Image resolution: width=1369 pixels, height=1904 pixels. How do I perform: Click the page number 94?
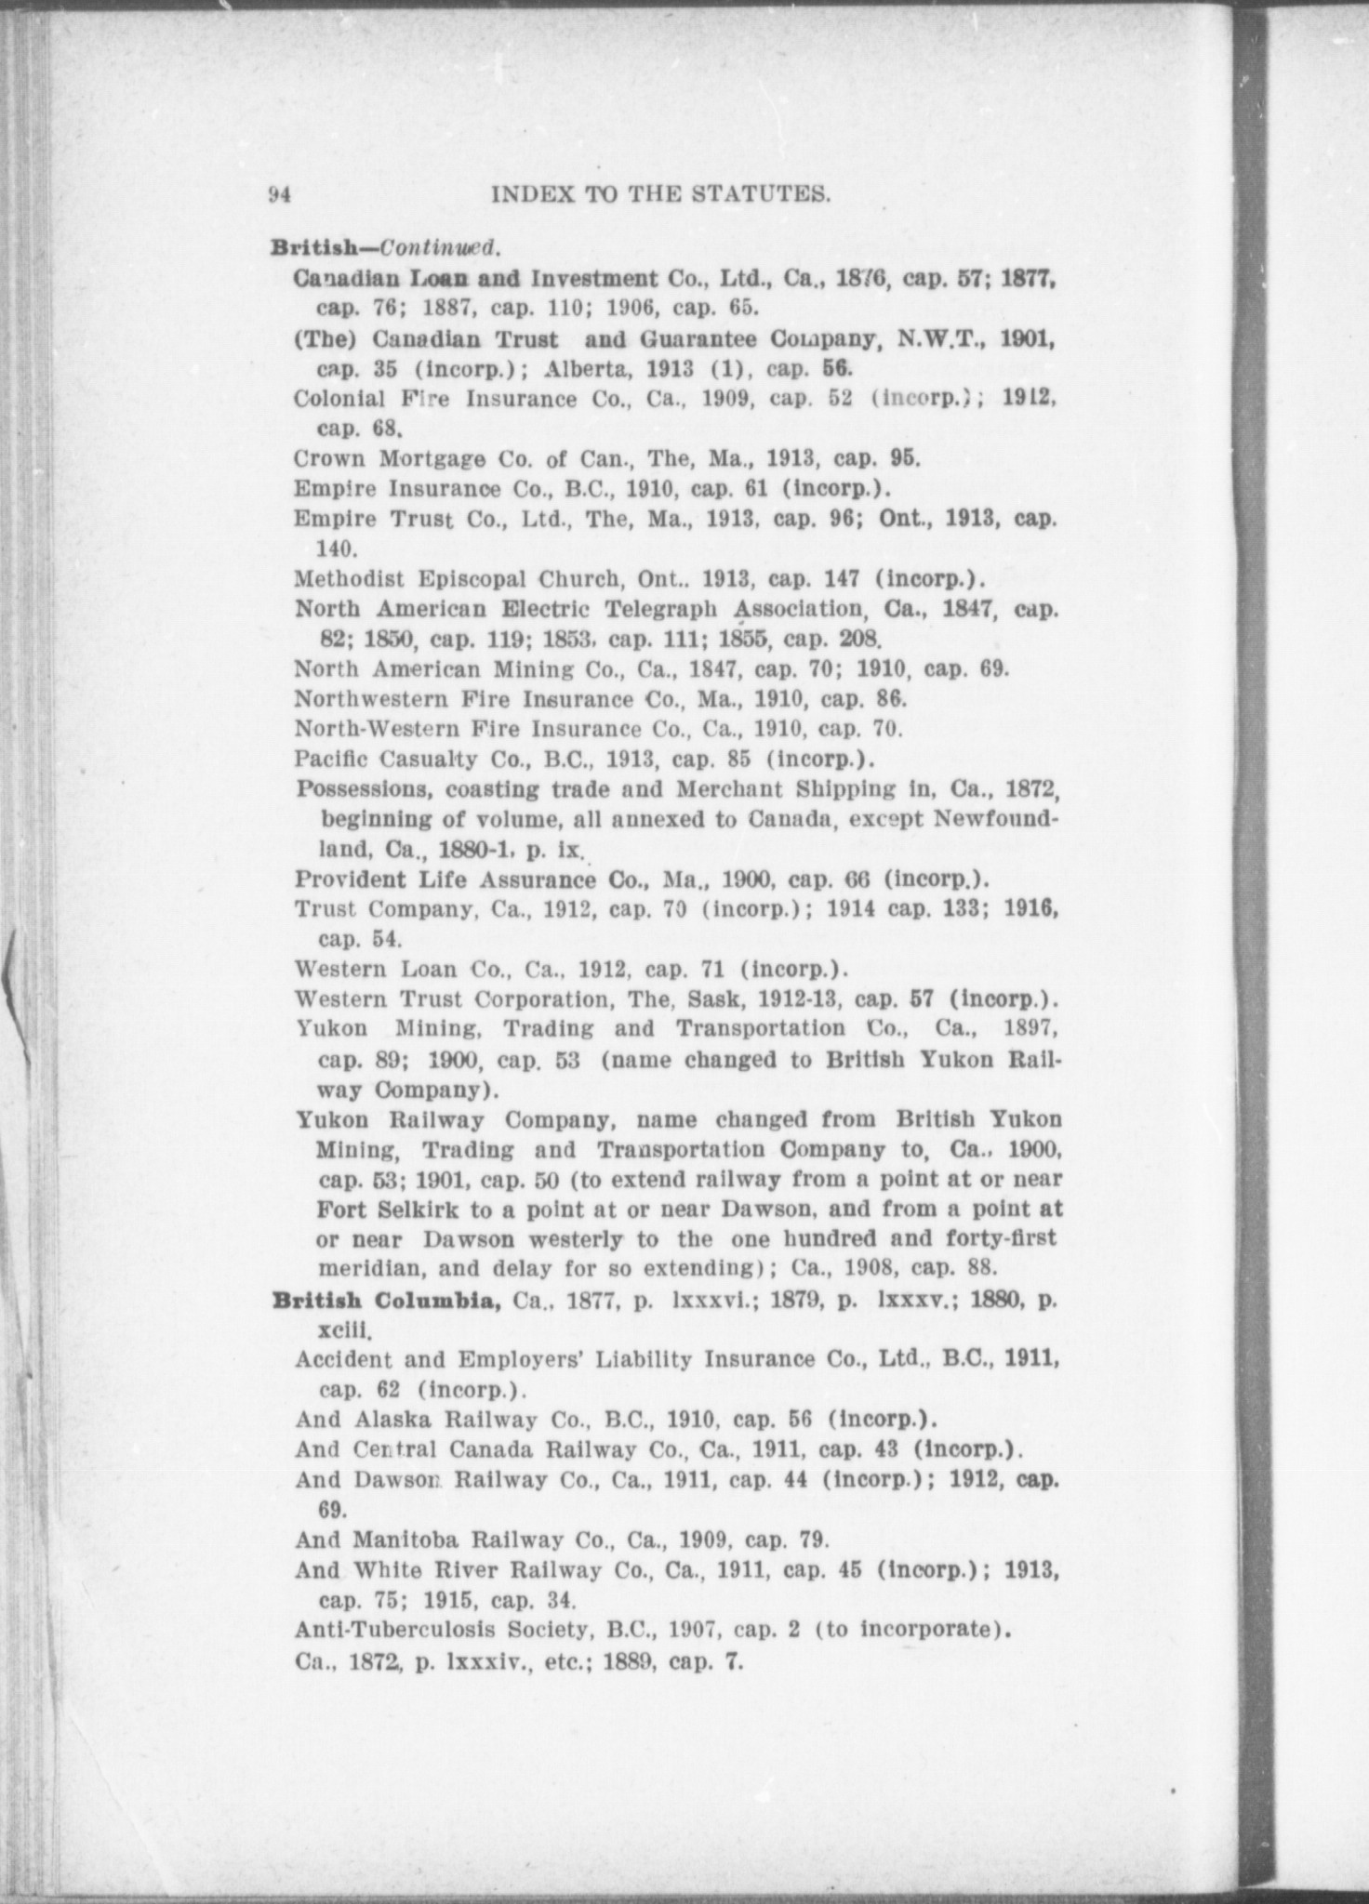click(x=281, y=195)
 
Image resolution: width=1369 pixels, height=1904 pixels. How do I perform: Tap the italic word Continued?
click(x=441, y=248)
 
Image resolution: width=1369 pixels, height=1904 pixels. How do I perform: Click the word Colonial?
click(x=334, y=399)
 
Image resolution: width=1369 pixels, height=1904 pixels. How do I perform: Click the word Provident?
click(x=351, y=879)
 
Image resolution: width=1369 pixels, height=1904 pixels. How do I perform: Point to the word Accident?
click(x=340, y=1361)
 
